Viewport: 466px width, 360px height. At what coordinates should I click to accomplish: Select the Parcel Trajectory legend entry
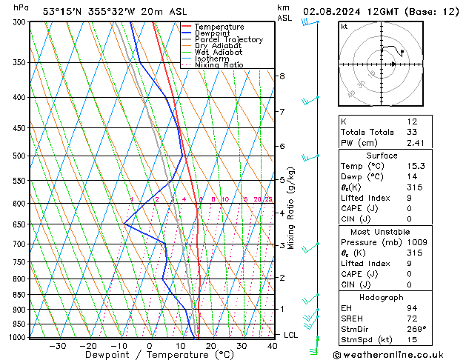point(228,40)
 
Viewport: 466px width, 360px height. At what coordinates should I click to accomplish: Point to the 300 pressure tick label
point(19,22)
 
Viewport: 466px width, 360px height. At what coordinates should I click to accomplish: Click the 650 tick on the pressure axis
point(19,224)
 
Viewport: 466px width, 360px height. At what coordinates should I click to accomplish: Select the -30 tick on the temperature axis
point(57,346)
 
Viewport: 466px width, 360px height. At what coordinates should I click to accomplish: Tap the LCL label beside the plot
point(291,335)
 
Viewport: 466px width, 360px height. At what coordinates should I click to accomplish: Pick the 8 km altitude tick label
point(282,76)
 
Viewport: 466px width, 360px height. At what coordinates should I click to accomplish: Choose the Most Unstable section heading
point(382,231)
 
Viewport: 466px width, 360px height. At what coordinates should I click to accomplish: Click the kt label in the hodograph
point(344,27)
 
